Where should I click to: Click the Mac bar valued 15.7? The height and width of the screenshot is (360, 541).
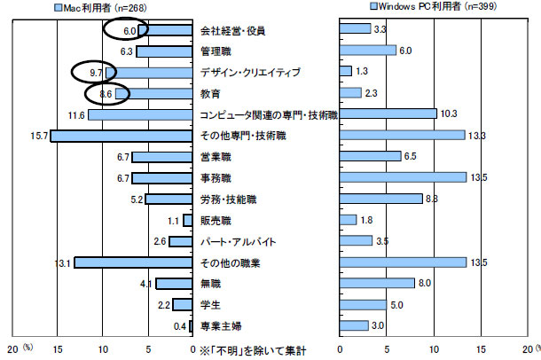point(122,136)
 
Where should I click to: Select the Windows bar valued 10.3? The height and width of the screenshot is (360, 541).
point(388,114)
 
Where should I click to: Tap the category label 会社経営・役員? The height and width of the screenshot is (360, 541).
point(233,30)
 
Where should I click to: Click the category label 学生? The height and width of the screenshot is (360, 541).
point(211,306)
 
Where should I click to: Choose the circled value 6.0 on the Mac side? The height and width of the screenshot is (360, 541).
point(128,30)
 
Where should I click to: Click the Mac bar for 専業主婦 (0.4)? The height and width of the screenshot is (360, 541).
point(191,327)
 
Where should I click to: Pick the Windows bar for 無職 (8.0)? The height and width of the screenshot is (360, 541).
point(378,284)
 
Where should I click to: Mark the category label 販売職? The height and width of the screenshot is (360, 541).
point(216,221)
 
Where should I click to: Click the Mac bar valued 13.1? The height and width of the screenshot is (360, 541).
point(133,263)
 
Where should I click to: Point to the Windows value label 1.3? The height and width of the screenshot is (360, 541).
point(361,72)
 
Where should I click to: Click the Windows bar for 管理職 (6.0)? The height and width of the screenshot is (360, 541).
point(368,51)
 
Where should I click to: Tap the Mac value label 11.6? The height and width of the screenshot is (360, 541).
point(75,115)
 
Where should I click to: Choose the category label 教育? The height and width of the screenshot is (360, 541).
point(211,93)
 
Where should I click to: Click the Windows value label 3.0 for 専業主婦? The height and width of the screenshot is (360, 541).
point(378,326)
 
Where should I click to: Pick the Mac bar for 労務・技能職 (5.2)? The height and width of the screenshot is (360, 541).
point(169,200)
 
